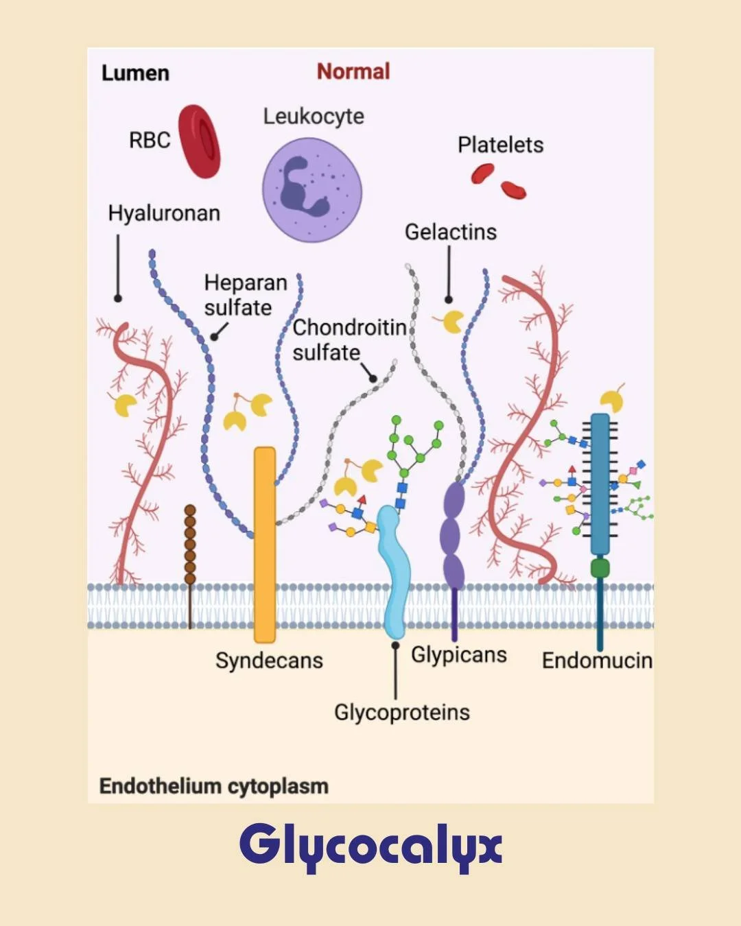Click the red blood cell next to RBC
(x=199, y=141)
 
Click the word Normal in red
(x=353, y=71)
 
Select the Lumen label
(x=135, y=73)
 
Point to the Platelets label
(x=500, y=145)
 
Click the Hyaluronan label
(x=164, y=213)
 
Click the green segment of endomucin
(x=600, y=567)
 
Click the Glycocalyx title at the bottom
(x=370, y=845)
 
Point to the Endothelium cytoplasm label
(x=213, y=786)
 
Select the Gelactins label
(x=450, y=232)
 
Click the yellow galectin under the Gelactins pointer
(x=452, y=321)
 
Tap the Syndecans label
(x=269, y=661)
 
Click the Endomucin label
(x=596, y=661)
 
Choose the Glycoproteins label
(x=401, y=713)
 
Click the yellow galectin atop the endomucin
(x=611, y=401)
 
